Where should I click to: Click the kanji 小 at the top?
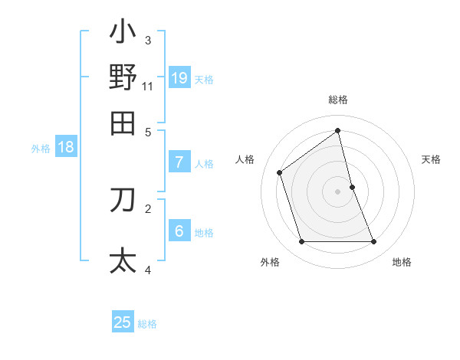click(x=123, y=34)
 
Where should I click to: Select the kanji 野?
click(x=123, y=77)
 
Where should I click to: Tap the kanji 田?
click(x=123, y=123)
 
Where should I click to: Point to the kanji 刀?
click(x=123, y=199)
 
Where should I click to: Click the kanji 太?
click(x=123, y=260)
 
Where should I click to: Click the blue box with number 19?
click(x=179, y=77)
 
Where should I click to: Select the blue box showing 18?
click(x=66, y=147)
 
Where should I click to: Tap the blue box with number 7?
click(x=179, y=162)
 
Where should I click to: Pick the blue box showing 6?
click(x=179, y=231)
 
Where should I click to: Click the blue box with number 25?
click(x=123, y=322)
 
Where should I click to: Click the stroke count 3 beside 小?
click(x=148, y=41)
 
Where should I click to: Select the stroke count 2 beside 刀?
click(x=148, y=208)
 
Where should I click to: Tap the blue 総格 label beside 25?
click(x=147, y=324)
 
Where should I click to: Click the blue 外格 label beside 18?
click(x=41, y=149)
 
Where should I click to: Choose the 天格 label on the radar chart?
click(x=431, y=159)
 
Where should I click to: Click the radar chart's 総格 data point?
click(x=337, y=130)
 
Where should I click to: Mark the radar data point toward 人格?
click(x=280, y=172)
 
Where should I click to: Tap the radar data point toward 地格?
click(x=374, y=242)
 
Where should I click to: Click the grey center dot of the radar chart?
click(x=337, y=191)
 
